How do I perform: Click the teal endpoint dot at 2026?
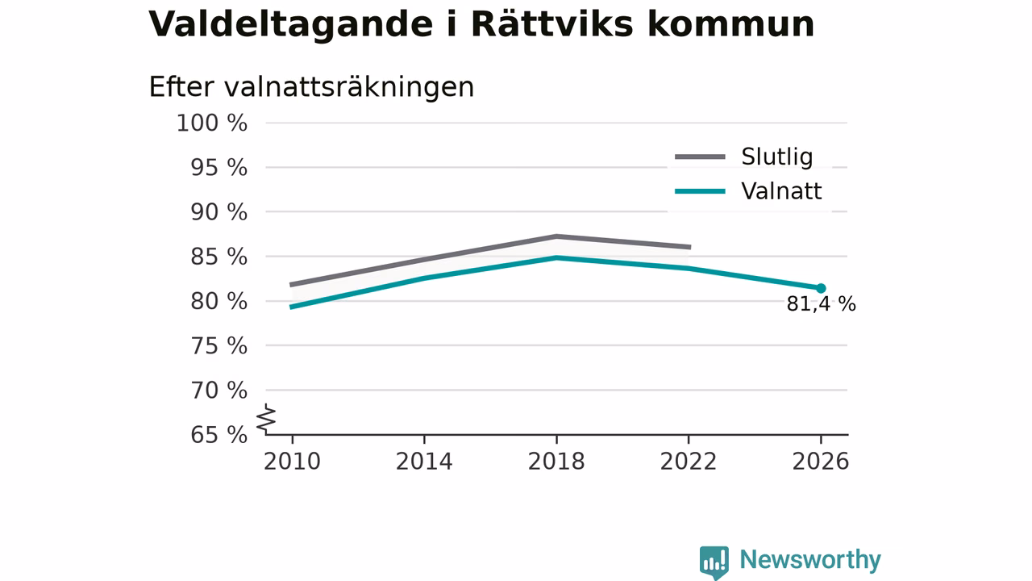[821, 288]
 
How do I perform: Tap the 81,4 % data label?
[821, 304]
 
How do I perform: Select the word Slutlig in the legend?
[776, 157]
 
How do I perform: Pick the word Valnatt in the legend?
[781, 191]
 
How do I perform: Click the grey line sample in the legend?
[701, 157]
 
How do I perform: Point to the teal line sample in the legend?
[701, 191]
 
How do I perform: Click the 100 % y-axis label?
[212, 123]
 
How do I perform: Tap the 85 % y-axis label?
[218, 257]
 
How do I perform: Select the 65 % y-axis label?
[218, 435]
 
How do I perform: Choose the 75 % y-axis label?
[218, 346]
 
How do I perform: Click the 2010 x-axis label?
[292, 462]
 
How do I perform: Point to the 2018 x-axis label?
[556, 462]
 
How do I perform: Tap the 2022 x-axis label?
[689, 462]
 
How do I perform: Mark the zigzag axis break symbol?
[266, 419]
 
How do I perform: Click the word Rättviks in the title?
[552, 24]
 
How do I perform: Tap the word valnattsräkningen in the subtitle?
[349, 88]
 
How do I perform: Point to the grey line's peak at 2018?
[556, 236]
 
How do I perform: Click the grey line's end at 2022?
[689, 247]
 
